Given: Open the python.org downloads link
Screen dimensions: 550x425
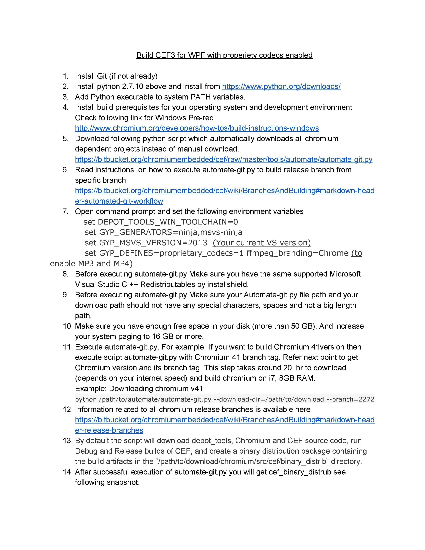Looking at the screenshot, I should (x=281, y=87).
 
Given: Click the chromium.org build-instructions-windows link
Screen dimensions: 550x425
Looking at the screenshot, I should (x=197, y=128).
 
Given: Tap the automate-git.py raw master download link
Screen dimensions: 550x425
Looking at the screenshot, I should (x=223, y=159).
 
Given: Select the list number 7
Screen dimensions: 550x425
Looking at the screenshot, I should (x=65, y=211).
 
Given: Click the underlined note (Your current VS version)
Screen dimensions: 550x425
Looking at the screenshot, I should (x=262, y=243).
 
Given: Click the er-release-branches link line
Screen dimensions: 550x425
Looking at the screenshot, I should (x=109, y=430).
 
